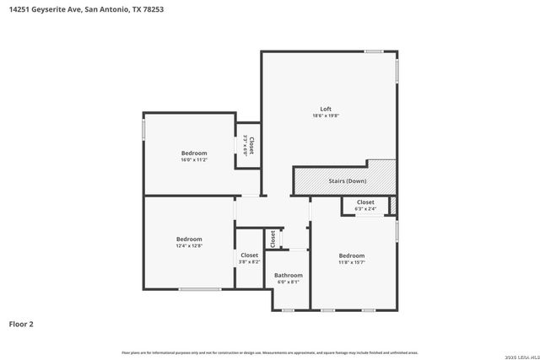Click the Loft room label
click(x=326, y=109)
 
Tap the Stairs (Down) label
click(x=347, y=181)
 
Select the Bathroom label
click(x=288, y=275)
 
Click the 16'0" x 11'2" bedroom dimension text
click(x=194, y=159)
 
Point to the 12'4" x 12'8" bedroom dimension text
click(x=189, y=246)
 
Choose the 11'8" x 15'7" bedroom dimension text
click(x=352, y=262)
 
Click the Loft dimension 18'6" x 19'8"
click(x=326, y=116)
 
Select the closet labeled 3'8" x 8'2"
click(x=250, y=258)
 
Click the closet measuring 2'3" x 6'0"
click(x=248, y=146)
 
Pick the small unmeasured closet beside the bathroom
click(x=272, y=239)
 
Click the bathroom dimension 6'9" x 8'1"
click(x=288, y=282)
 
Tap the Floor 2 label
click(x=21, y=324)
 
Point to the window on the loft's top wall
click(x=375, y=52)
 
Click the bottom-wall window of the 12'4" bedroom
click(x=199, y=290)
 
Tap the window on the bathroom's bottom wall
click(x=288, y=310)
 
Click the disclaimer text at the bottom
click(x=270, y=352)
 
